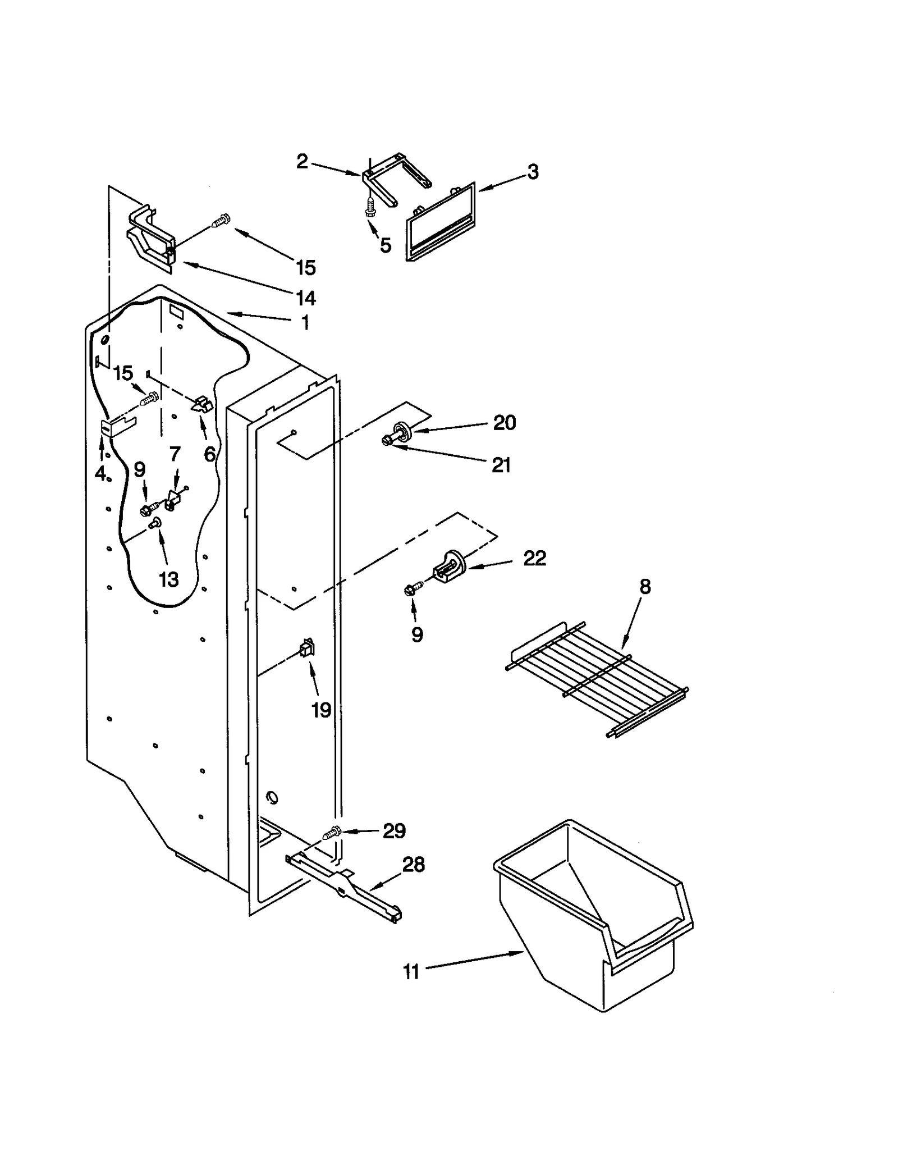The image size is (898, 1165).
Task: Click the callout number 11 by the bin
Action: (x=411, y=971)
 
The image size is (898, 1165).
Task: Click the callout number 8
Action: (x=645, y=587)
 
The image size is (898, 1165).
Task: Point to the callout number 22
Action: (x=534, y=558)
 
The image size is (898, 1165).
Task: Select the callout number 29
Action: (x=394, y=831)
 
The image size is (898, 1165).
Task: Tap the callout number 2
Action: (x=302, y=162)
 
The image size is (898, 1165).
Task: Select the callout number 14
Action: (x=305, y=298)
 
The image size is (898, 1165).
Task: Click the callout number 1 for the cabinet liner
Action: (x=305, y=323)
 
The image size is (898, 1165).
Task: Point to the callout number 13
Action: (x=168, y=579)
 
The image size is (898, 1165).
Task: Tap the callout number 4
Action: (x=100, y=474)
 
